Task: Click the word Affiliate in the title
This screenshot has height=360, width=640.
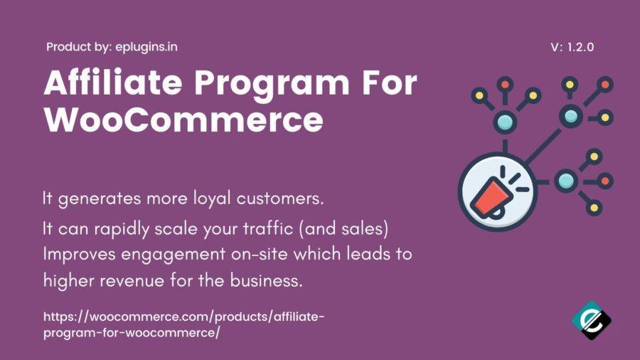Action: click(x=112, y=83)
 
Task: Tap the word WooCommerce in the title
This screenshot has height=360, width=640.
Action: click(x=183, y=120)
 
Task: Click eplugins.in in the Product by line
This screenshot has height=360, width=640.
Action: click(x=146, y=47)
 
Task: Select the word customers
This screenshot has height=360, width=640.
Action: click(x=280, y=198)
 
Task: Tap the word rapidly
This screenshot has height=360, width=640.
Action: click(x=122, y=229)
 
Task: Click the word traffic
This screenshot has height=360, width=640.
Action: click(x=268, y=228)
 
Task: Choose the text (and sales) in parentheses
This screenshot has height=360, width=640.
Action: click(x=343, y=228)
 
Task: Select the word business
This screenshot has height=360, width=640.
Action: click(x=266, y=280)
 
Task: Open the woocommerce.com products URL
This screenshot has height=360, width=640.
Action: click(x=183, y=324)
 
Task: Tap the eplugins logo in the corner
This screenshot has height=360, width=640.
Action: click(x=592, y=320)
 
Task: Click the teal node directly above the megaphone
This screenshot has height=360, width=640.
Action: click(x=505, y=122)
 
